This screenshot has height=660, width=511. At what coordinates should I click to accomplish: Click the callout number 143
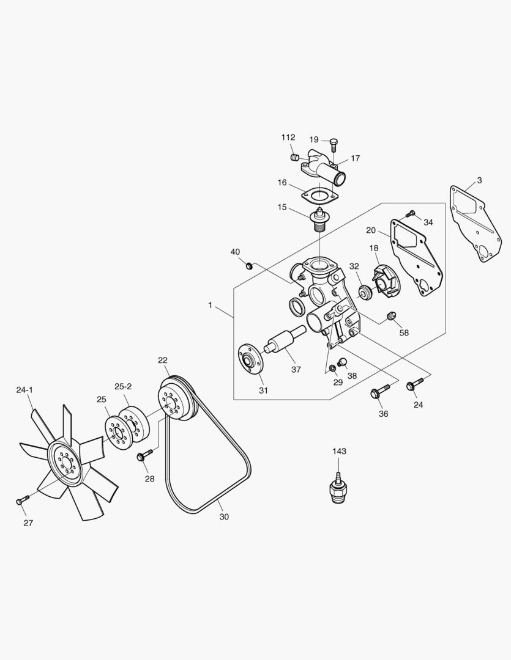[339, 451]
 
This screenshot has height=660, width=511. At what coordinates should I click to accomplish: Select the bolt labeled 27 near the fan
[20, 501]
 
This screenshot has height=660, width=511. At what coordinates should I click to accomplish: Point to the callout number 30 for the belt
[224, 516]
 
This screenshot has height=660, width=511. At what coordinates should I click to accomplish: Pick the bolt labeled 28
[144, 456]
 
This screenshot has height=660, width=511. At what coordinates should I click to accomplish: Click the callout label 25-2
[122, 386]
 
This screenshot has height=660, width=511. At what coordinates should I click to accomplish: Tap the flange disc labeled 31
[248, 359]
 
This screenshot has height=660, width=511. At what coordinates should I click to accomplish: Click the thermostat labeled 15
[318, 221]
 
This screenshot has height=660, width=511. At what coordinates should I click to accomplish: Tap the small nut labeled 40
[250, 265]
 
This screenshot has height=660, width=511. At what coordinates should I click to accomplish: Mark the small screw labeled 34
[411, 213]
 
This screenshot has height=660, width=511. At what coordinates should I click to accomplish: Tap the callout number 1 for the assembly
[211, 304]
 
